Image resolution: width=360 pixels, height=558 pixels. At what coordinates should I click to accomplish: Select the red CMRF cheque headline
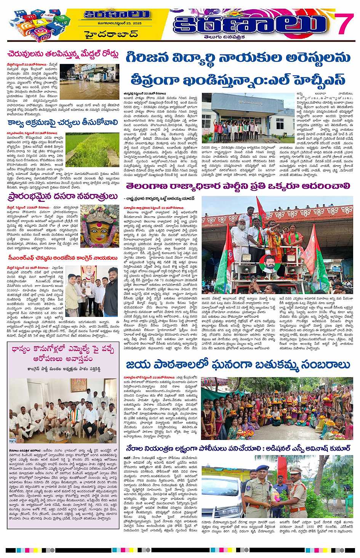tap(63, 259)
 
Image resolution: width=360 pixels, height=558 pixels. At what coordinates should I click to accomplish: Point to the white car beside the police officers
tap(221, 491)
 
